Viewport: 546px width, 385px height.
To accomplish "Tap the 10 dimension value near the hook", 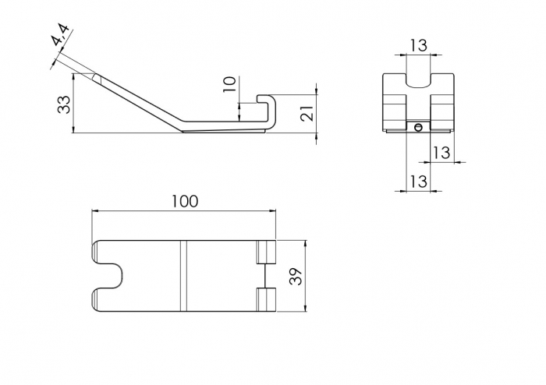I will coord(229,84).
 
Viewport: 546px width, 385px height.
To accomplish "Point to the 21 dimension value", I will coord(307,113).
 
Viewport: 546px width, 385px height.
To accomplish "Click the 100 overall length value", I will coord(184,201).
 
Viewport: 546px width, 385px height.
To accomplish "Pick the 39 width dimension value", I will coord(295,276).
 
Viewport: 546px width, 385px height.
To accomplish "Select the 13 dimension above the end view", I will coord(418,45).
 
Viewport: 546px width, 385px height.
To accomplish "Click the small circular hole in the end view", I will coord(419,127).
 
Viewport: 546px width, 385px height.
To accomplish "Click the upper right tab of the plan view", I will coord(267,253).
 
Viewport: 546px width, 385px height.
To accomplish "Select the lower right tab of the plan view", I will coord(267,299).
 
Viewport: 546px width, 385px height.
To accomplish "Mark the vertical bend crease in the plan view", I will coord(185,276).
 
